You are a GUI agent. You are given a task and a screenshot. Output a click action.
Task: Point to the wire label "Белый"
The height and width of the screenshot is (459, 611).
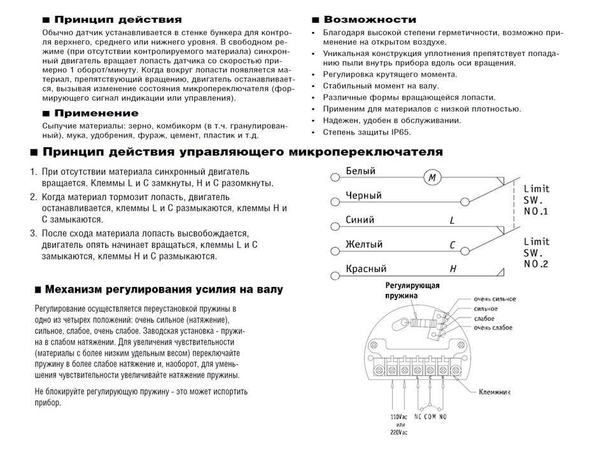[x=360, y=171]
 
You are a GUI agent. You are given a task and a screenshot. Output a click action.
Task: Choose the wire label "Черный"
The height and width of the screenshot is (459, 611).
[x=363, y=196]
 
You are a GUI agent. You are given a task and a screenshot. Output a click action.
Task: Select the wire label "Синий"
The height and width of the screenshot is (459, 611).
[x=360, y=220]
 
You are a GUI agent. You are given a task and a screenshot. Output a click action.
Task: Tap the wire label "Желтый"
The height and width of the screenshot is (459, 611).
[x=363, y=244]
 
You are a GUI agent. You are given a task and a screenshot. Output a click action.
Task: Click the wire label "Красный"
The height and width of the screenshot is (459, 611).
[x=366, y=269]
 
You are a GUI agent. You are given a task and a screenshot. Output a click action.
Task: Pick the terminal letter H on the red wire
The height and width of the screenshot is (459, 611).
[x=453, y=269]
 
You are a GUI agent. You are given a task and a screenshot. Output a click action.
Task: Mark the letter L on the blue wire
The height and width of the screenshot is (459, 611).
[x=451, y=221]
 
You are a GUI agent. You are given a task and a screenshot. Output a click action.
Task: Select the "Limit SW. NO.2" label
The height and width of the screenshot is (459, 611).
[x=536, y=253]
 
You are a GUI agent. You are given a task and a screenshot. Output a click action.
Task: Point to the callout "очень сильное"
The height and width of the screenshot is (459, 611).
[x=495, y=299]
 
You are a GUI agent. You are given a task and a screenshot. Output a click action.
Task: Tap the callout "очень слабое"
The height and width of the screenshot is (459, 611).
[x=493, y=327]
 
